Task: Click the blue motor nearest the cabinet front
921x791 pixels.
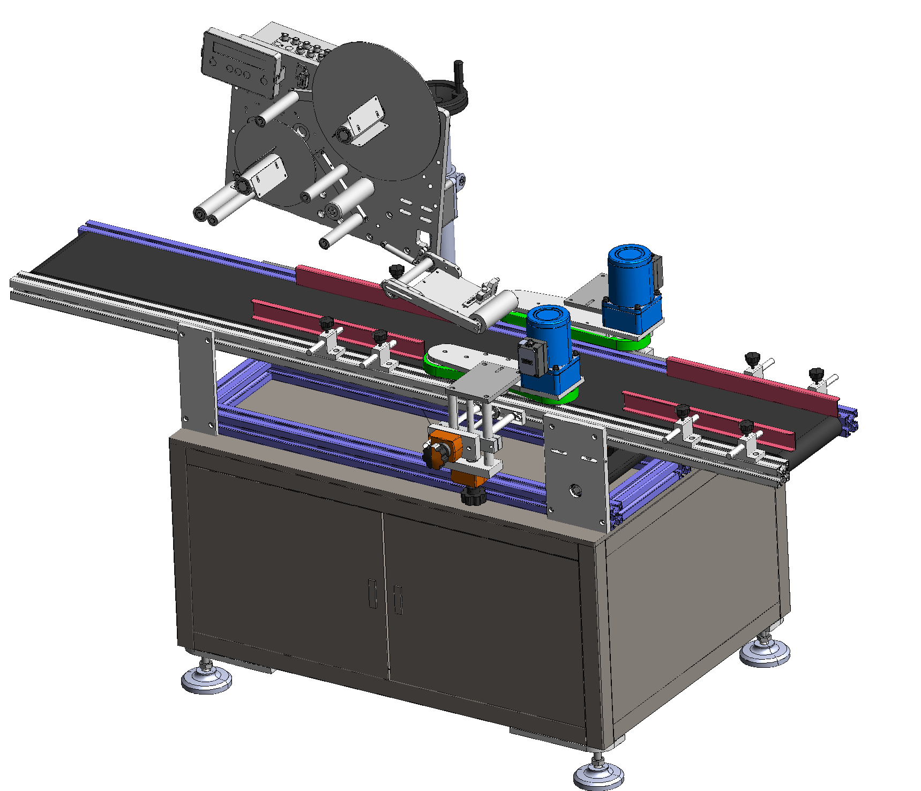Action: point(549,343)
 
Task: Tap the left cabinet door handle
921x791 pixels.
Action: point(372,593)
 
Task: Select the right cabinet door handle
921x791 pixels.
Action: point(398,600)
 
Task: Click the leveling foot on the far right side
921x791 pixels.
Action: point(765,651)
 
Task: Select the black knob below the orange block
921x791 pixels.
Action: point(473,497)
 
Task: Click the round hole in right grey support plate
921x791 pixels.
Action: point(576,490)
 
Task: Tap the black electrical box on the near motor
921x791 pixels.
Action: point(531,358)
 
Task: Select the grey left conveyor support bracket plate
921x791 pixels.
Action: point(197,375)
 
